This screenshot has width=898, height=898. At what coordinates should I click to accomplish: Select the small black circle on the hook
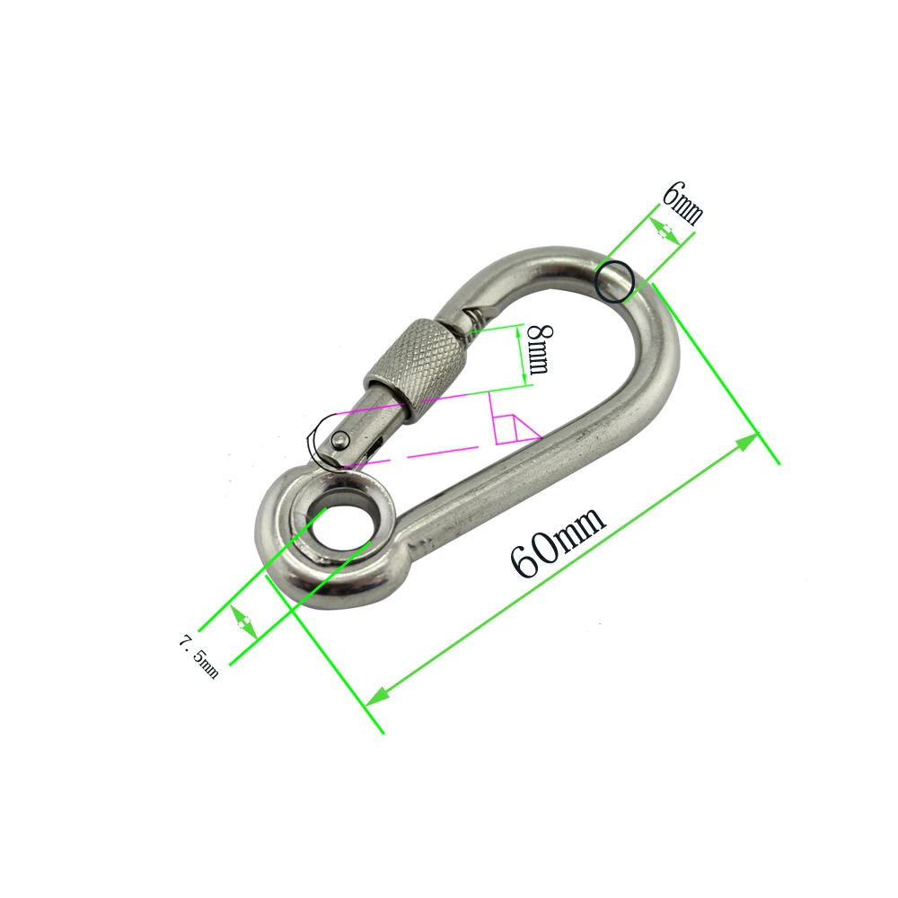tap(616, 279)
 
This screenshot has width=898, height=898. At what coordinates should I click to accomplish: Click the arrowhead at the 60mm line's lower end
tap(378, 694)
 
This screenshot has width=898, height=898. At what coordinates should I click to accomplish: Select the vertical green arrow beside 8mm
tap(522, 356)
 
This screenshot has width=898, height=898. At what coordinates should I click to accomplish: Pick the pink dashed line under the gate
tap(422, 453)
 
